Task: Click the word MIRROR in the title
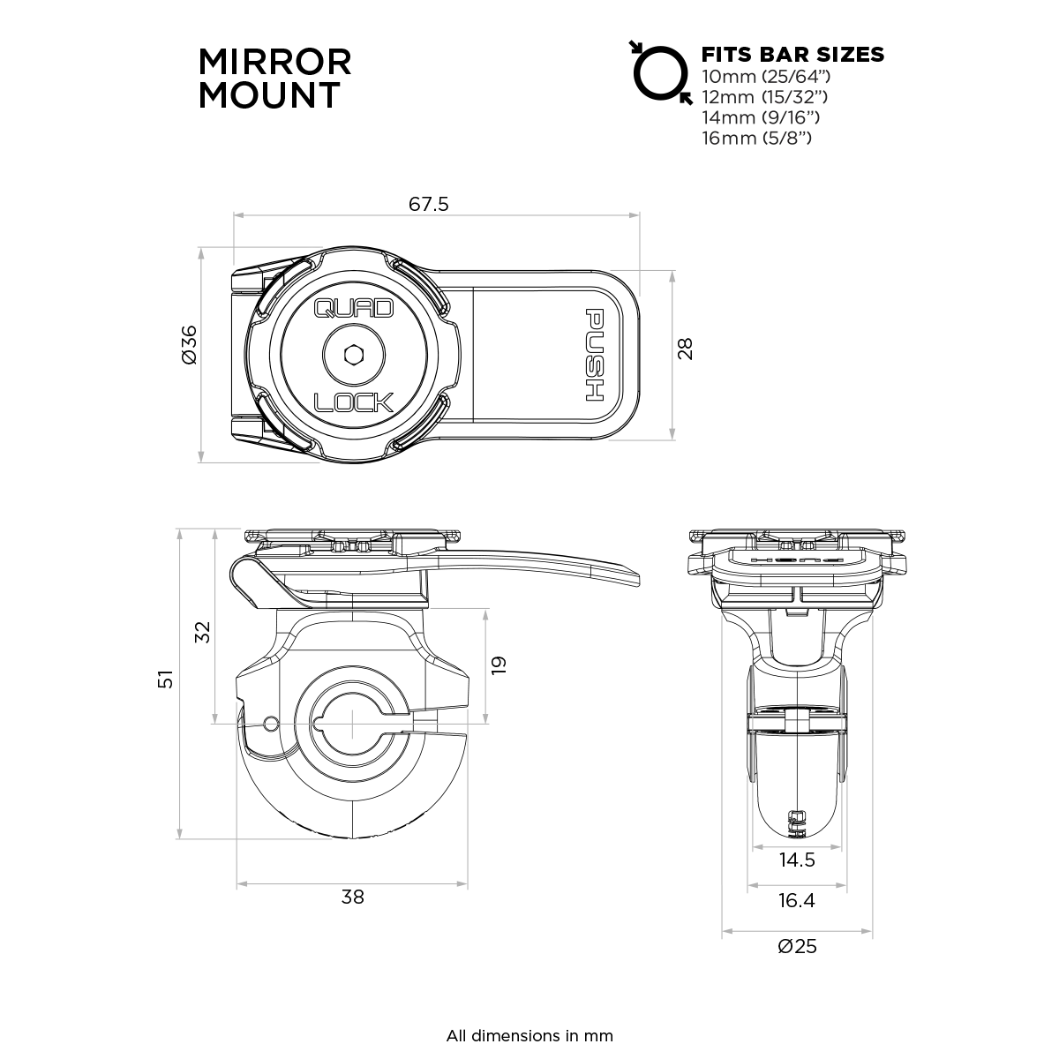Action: tap(274, 62)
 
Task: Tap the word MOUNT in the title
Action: tap(268, 95)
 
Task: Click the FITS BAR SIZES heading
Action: tap(792, 54)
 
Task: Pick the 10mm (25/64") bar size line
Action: tap(765, 76)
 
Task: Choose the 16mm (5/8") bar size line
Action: tap(756, 138)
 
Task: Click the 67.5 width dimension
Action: tap(429, 205)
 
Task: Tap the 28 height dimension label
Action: tap(686, 349)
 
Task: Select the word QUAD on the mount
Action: tap(354, 309)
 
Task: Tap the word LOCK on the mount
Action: tap(354, 402)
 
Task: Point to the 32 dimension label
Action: tap(203, 632)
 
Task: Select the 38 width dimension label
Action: tap(352, 898)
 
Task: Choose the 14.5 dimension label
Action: tap(797, 860)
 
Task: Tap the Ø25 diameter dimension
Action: tap(797, 946)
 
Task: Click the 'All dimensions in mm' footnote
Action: tap(529, 1035)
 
